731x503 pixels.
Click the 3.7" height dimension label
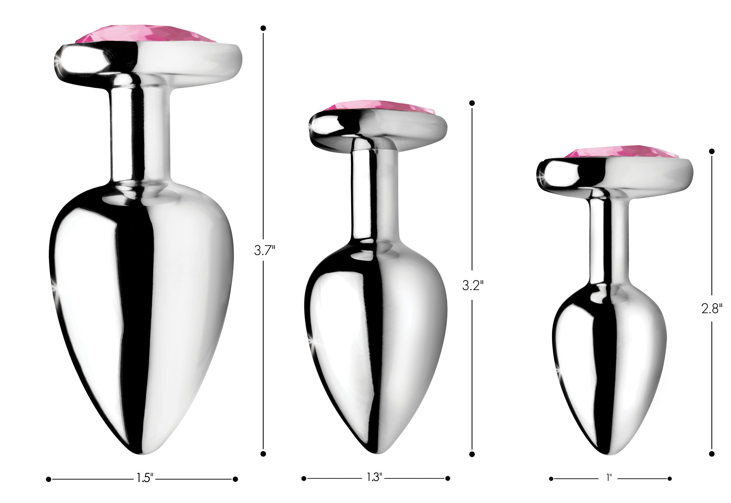point(264,251)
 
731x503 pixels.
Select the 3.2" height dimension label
point(472,285)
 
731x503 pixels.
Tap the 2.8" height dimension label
point(712,309)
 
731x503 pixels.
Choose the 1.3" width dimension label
point(374,477)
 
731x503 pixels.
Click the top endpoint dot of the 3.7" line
point(263,28)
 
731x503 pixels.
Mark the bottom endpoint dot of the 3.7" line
point(263,454)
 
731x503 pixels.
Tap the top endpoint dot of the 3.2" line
point(472,103)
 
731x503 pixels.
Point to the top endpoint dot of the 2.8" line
point(712,151)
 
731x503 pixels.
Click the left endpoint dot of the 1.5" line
point(48,479)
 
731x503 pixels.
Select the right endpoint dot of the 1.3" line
point(448,478)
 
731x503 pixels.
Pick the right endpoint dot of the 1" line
point(669,479)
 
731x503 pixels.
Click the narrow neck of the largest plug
point(140,132)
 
